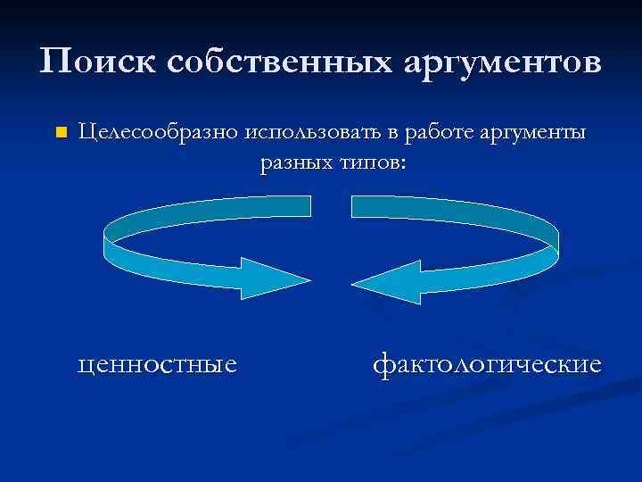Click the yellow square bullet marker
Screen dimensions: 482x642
point(61,134)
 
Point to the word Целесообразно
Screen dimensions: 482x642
point(157,134)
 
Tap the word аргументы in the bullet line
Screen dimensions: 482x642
point(535,134)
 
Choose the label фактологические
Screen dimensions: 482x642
point(487,364)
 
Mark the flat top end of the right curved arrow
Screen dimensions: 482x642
point(354,206)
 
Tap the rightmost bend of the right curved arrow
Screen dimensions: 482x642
point(556,234)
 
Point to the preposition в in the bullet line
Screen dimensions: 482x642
point(393,135)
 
